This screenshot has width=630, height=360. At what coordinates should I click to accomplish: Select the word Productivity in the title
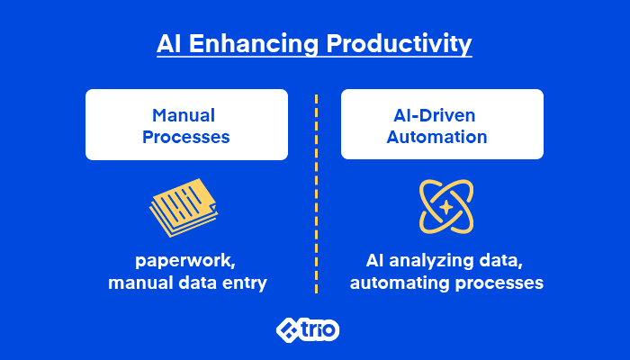click(399, 43)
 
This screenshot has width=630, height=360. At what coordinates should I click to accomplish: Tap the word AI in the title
click(169, 43)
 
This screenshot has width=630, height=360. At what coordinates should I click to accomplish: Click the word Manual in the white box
click(184, 116)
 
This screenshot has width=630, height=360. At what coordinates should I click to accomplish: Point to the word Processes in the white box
click(186, 137)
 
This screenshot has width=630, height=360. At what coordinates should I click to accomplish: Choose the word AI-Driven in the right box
click(435, 116)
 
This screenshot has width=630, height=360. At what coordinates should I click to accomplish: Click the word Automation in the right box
click(436, 137)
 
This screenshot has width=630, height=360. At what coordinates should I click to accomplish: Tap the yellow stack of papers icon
click(184, 207)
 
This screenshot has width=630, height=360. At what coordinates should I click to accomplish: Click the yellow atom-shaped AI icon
click(446, 206)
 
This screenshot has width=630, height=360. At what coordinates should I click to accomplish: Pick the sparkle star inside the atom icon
click(446, 207)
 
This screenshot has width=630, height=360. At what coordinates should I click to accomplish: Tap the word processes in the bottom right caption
click(499, 283)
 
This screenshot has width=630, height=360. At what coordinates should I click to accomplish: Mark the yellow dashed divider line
click(317, 194)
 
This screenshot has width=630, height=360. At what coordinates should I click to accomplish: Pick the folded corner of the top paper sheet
click(213, 207)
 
